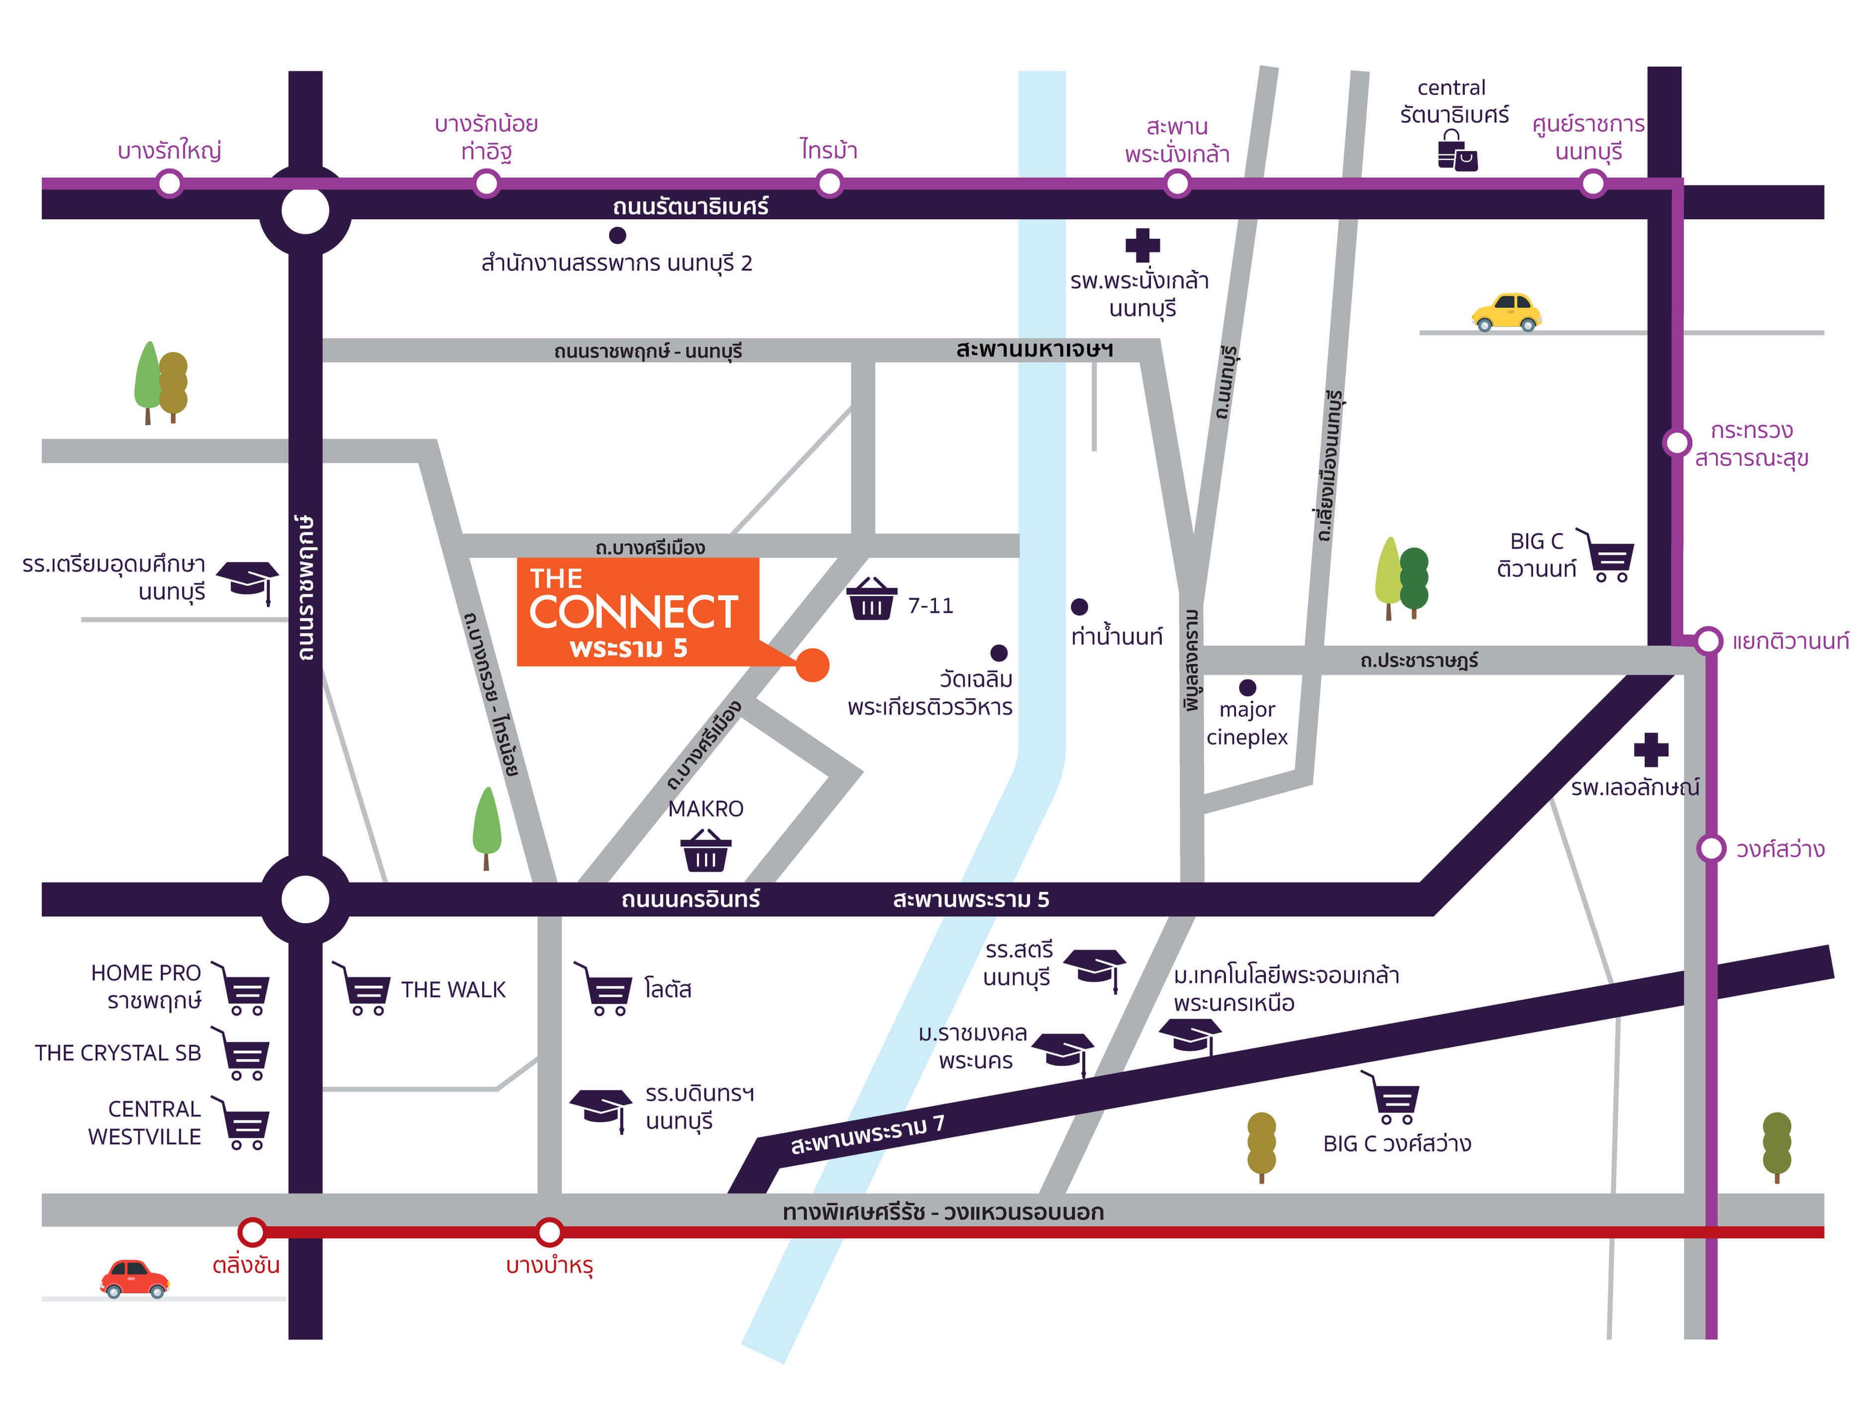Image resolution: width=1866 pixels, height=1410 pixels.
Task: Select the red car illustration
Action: pyautogui.click(x=134, y=1278)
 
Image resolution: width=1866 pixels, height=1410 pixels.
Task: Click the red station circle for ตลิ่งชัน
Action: pyautogui.click(x=252, y=1232)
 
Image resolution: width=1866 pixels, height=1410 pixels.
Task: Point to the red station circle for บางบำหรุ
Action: pyautogui.click(x=549, y=1232)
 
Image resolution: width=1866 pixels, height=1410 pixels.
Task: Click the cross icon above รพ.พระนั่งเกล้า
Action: pyautogui.click(x=1142, y=245)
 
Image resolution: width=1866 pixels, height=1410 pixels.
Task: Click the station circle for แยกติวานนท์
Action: pyautogui.click(x=1708, y=641)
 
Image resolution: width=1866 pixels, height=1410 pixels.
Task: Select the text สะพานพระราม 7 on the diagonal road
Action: pyautogui.click(x=867, y=1134)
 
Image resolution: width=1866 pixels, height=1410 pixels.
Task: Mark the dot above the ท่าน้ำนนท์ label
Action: pyautogui.click(x=1079, y=606)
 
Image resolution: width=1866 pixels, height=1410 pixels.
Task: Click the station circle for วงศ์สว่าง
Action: pyautogui.click(x=1711, y=848)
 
